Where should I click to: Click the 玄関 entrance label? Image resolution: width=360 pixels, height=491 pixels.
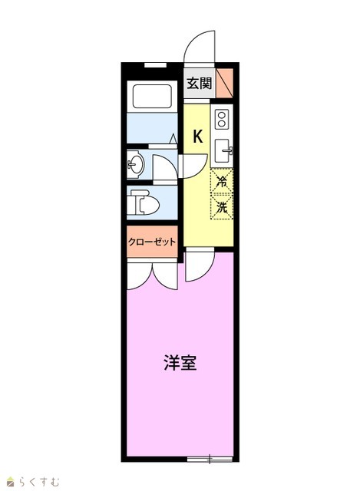tap(200, 84)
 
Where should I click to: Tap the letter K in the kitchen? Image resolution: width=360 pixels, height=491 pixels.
tap(198, 137)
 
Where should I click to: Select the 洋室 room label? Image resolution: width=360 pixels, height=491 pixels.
tap(180, 363)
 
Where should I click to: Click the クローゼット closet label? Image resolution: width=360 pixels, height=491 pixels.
tap(152, 242)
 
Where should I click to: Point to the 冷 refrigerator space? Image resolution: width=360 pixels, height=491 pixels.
tap(222, 181)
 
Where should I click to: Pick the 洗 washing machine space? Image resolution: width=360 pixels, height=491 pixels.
tap(222, 206)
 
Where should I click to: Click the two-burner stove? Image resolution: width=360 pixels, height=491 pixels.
tap(222, 120)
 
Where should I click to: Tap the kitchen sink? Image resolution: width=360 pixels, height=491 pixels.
tap(223, 151)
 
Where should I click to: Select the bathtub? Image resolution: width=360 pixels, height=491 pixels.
tap(152, 97)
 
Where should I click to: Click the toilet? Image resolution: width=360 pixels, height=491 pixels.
tap(144, 203)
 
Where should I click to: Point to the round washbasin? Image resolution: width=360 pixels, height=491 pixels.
tap(136, 164)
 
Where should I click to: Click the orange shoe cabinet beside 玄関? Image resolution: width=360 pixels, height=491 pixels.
tap(224, 83)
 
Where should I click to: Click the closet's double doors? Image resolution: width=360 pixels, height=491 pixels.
tap(152, 275)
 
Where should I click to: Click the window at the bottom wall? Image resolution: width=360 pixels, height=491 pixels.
tap(210, 460)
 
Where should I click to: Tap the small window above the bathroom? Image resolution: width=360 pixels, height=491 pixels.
tap(155, 64)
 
